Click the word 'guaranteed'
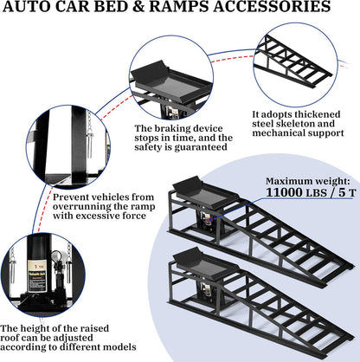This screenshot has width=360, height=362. coord(181,161)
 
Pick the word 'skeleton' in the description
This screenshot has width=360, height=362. coord(300,126)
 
